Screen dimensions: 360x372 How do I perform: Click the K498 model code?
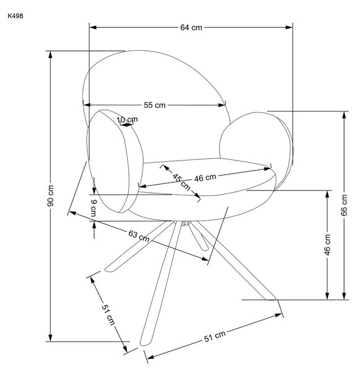(15, 16)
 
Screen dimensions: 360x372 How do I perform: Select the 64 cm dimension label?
(191, 27)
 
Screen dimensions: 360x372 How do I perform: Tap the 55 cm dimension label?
(155, 105)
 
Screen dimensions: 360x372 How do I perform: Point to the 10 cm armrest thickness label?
(128, 120)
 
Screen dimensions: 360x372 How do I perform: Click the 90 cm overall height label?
(51, 196)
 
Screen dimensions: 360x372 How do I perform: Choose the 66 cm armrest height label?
(344, 205)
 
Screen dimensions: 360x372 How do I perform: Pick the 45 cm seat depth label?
(182, 182)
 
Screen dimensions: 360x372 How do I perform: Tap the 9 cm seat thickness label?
(94, 208)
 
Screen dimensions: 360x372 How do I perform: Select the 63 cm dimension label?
(139, 236)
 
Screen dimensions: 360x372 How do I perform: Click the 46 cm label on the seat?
(205, 177)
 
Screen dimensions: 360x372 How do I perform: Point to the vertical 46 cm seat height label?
(327, 245)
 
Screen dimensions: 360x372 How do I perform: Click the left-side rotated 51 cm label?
(108, 314)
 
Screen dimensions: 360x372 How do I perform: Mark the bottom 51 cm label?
(215, 336)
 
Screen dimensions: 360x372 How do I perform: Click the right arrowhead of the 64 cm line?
(289, 27)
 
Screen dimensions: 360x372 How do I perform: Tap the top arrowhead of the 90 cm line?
(50, 55)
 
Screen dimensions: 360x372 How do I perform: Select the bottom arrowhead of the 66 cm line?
(345, 296)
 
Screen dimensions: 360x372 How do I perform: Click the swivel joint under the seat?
(186, 223)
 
